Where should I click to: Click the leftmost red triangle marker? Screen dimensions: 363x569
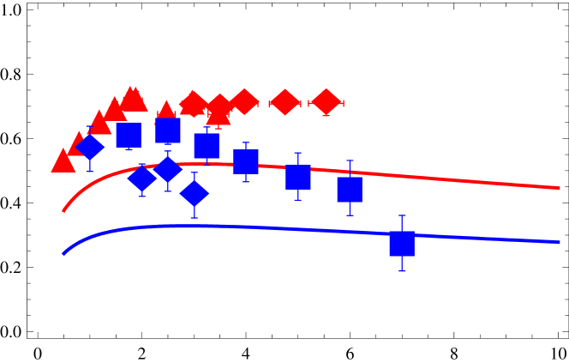[x=63, y=161]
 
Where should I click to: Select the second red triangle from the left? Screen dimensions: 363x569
[x=80, y=143]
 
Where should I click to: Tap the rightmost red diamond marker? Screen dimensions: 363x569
[x=326, y=102]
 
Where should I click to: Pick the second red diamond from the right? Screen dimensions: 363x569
[x=284, y=102]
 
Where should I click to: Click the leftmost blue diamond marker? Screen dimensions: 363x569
[x=89, y=148]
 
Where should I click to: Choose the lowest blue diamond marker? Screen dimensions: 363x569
[x=195, y=194]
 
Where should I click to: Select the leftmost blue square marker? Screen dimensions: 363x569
[x=129, y=135]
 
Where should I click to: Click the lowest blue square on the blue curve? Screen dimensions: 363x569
[x=401, y=244]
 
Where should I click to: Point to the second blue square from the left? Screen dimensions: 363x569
[x=168, y=130]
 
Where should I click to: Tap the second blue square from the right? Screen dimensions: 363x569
[x=350, y=189]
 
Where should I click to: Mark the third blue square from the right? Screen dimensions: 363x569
[x=298, y=177]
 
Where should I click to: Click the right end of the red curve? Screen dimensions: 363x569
[x=559, y=187]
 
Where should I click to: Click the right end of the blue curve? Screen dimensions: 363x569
[x=559, y=242]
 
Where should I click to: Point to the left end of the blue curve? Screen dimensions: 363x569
[x=63, y=254]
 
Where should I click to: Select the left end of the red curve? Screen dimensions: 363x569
[x=63, y=210]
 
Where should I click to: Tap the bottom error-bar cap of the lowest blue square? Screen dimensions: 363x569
[x=401, y=271]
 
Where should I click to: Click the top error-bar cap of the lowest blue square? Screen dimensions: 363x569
[x=401, y=215]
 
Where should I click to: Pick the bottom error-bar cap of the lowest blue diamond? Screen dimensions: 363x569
[x=195, y=218]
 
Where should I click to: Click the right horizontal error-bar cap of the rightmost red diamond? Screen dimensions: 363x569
[x=343, y=103]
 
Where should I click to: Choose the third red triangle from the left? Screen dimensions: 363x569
[x=99, y=123]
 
